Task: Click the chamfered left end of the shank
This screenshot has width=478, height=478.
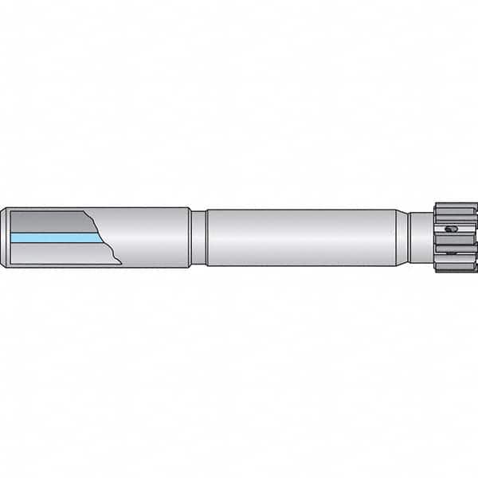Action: pos(4,237)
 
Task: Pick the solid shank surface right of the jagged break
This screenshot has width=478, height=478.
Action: pos(151,237)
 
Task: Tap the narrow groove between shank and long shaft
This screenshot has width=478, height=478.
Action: pos(198,237)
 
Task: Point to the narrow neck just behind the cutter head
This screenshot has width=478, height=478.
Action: pos(421,237)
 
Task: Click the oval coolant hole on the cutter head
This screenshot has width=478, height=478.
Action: pos(452,230)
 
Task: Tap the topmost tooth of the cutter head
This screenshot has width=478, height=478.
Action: pos(455,207)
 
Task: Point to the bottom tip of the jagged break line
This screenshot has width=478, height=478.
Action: pos(120,263)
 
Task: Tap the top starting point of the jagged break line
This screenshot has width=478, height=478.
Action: pos(84,211)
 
